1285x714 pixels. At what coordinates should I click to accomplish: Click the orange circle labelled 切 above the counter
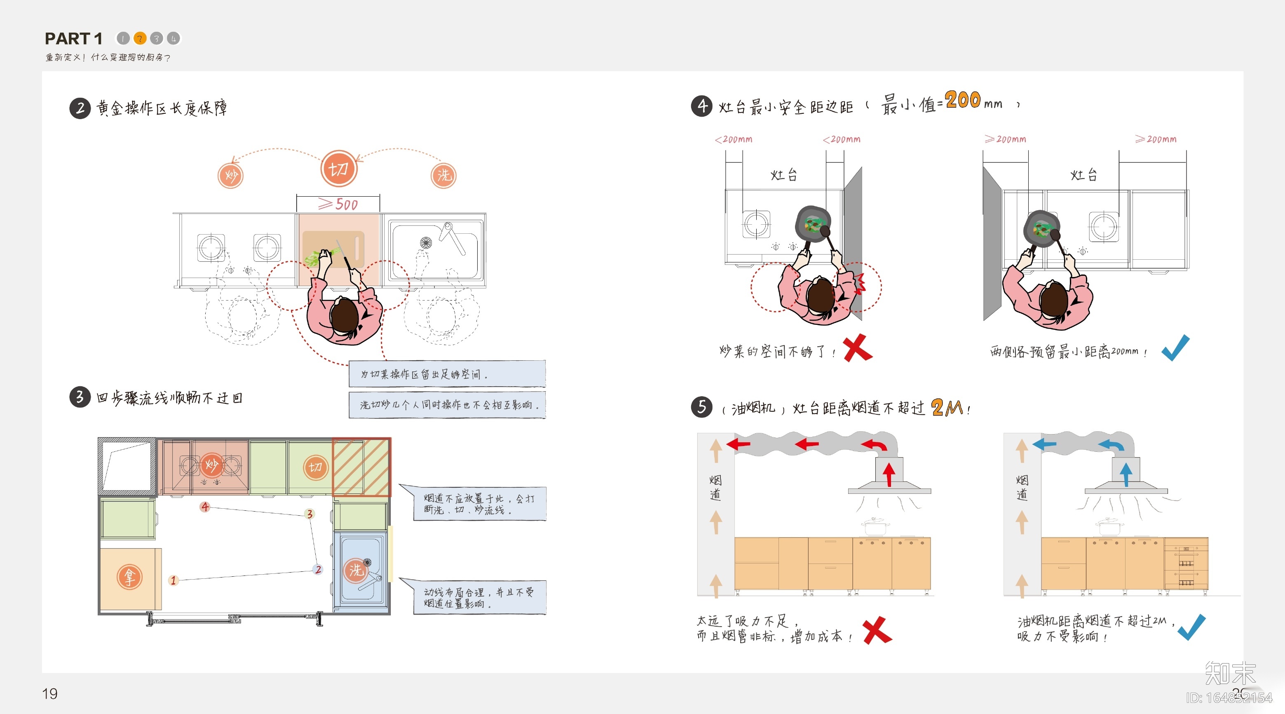[x=339, y=169]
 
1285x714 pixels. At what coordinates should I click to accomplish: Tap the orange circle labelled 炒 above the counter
[x=230, y=176]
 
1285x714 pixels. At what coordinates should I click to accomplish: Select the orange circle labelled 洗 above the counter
[x=443, y=176]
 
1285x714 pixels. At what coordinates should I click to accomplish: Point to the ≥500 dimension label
[x=338, y=204]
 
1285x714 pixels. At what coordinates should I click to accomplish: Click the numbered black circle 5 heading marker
[x=701, y=407]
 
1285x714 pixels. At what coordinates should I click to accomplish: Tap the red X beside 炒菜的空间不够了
[x=858, y=348]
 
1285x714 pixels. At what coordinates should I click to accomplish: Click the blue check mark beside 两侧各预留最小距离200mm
[x=1175, y=348]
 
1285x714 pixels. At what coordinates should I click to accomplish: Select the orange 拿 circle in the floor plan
[x=130, y=577]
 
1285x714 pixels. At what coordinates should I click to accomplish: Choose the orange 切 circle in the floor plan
[x=315, y=467]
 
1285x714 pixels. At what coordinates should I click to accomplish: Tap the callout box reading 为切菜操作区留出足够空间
[x=447, y=374]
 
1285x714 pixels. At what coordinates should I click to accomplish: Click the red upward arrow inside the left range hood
[x=889, y=474]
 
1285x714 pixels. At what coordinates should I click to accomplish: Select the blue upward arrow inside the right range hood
[x=1126, y=474]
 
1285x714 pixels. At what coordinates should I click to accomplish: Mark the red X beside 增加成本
[x=877, y=630]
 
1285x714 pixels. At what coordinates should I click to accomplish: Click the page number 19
[x=50, y=693]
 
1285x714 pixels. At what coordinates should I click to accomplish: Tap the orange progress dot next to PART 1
[x=140, y=38]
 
